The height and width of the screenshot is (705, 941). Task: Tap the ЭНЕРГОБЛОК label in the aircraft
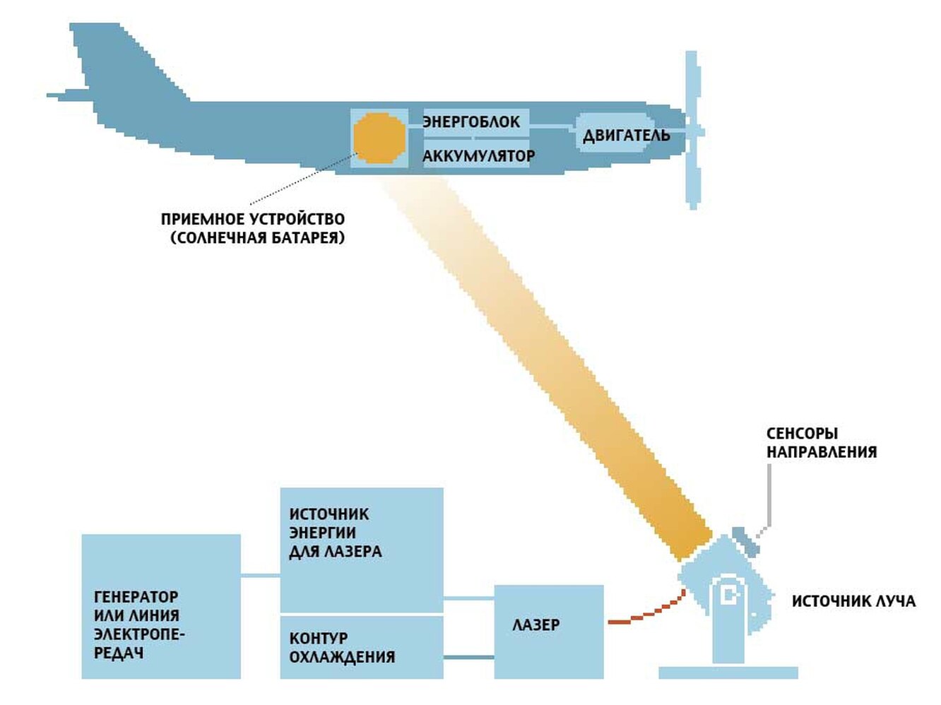(471, 122)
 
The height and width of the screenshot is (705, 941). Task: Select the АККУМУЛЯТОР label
(478, 155)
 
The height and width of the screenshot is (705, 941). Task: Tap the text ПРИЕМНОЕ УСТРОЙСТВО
(252, 219)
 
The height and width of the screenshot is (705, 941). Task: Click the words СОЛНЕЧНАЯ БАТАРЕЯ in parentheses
(257, 237)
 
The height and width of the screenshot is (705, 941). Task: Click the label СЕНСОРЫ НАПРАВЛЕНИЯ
(821, 443)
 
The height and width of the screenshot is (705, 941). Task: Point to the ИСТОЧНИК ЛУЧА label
(853, 601)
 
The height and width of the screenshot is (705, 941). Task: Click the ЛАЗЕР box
(548, 631)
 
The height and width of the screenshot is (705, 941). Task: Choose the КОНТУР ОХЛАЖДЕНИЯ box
(361, 646)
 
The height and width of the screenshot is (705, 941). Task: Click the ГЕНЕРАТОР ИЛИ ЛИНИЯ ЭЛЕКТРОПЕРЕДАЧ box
(161, 606)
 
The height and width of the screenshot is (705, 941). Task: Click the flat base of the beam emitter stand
(728, 673)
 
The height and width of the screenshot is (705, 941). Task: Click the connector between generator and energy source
(260, 576)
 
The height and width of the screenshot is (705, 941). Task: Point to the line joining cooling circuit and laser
(468, 658)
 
